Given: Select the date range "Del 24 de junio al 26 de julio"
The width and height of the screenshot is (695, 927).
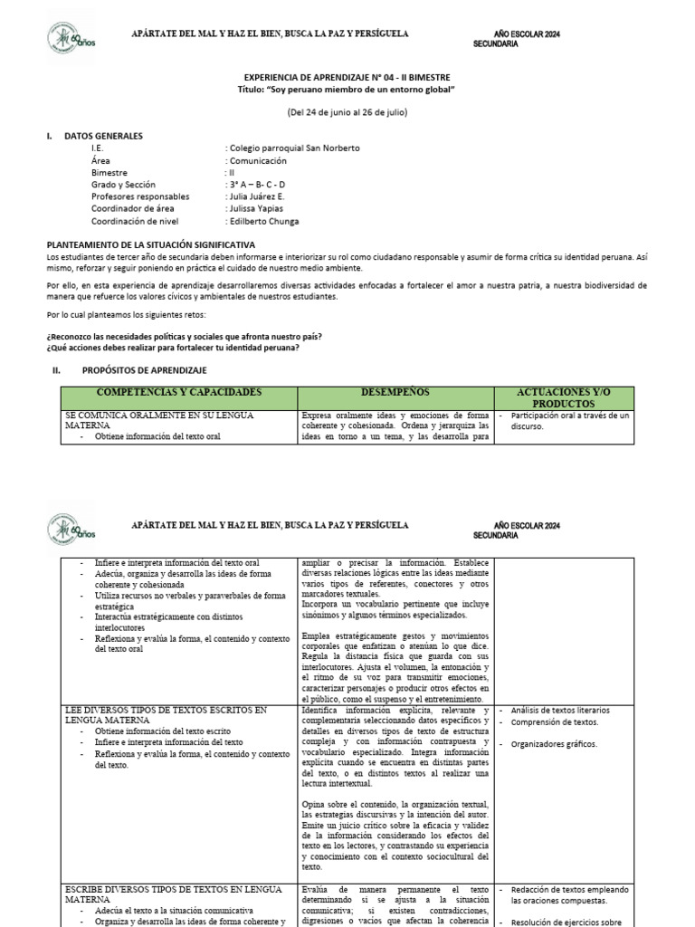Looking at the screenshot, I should (x=347, y=112).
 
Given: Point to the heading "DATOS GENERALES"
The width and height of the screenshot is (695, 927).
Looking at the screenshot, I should (x=103, y=136).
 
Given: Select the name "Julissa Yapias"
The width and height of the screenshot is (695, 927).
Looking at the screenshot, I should (x=258, y=209).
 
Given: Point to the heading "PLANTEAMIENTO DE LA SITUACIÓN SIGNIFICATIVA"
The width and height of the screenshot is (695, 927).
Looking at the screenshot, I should (x=150, y=244).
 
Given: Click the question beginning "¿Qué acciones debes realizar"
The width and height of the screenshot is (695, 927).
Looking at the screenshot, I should (x=173, y=349).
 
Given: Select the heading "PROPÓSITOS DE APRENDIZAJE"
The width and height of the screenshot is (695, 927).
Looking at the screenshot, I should (x=145, y=370).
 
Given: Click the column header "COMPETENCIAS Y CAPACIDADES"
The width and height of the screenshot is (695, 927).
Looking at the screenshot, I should (x=178, y=392).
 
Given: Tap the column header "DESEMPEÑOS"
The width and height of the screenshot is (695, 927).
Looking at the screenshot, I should (x=395, y=392).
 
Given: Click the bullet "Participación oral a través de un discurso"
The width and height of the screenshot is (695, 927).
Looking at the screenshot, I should (x=570, y=421).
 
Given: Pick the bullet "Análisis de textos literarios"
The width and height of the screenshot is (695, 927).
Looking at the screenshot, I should (x=560, y=711).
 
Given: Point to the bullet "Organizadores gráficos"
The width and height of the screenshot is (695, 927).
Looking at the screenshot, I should (x=554, y=744).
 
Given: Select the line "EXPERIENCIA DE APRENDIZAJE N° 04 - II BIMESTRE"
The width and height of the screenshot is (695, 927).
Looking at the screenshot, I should (x=347, y=78).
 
